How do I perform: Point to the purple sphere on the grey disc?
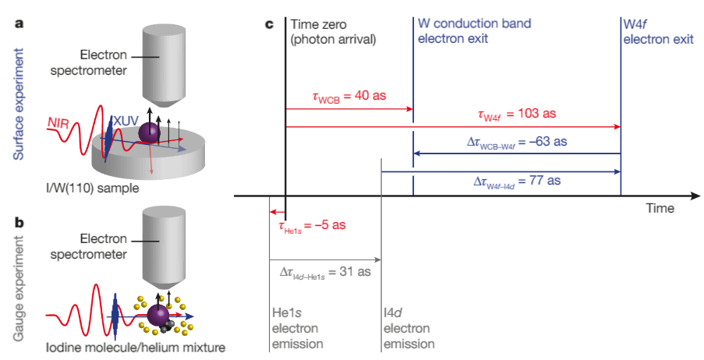click(147, 133)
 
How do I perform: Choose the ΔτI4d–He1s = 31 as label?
click(324, 272)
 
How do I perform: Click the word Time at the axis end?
click(660, 209)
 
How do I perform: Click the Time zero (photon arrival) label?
click(333, 31)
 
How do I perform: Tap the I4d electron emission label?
click(408, 328)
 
